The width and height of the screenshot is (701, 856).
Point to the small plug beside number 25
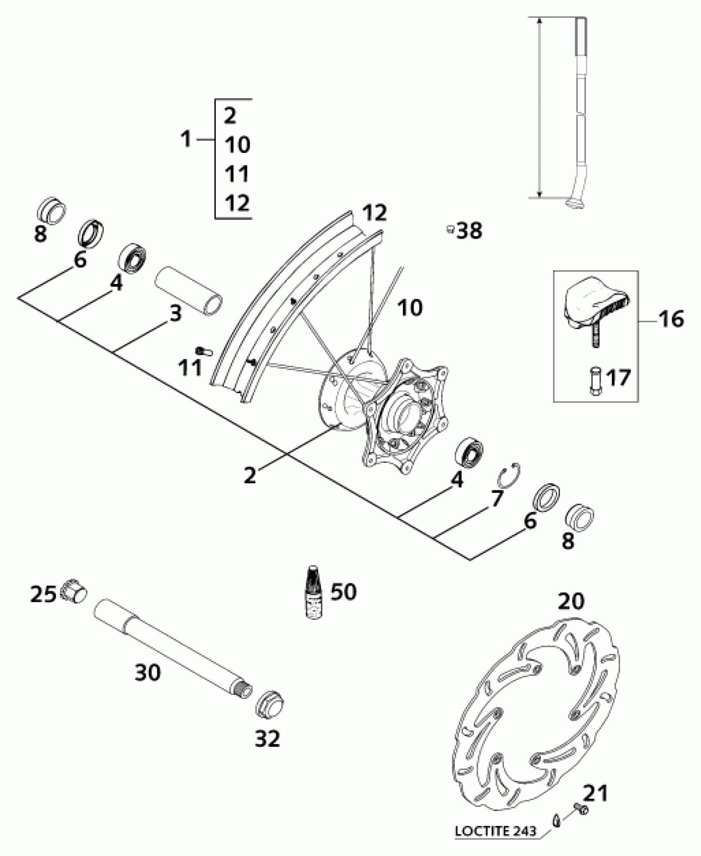tap(74, 593)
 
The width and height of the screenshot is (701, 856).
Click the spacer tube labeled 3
tap(188, 292)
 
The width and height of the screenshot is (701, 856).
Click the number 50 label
tap(343, 592)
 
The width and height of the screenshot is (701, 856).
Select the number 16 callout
tap(671, 319)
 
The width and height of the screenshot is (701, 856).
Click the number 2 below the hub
tap(250, 475)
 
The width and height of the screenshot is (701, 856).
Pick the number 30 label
tap(148, 673)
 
